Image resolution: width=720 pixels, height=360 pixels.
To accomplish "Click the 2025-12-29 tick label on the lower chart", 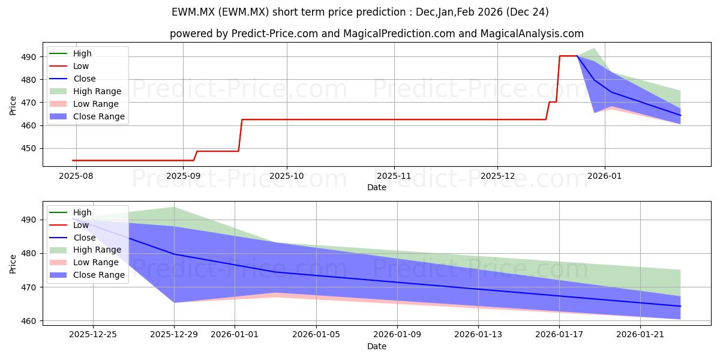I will click(x=174, y=334).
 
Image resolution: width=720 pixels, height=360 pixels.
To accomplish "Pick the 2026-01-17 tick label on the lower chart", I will click(x=559, y=334).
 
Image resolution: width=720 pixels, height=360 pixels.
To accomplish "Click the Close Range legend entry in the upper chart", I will click(x=98, y=116).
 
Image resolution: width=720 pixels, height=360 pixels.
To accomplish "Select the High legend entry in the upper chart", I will click(x=82, y=53).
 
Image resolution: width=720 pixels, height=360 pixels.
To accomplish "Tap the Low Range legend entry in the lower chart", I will click(x=97, y=262).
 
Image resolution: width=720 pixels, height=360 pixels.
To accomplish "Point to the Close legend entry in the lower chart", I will click(x=84, y=237).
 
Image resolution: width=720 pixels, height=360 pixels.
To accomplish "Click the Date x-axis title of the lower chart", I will click(x=377, y=346).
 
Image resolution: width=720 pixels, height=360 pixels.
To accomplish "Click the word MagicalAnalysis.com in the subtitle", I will click(x=532, y=34).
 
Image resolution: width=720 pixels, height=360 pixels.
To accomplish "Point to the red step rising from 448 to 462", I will click(x=241, y=135).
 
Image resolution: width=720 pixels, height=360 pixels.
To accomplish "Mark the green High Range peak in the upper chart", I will click(x=593, y=49).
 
